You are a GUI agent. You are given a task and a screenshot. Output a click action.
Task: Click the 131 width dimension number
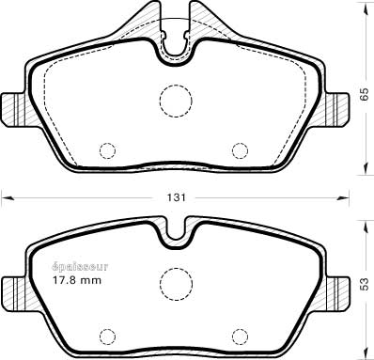pyautogui.click(x=176, y=197)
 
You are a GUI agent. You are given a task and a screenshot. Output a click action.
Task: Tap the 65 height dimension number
pyautogui.click(x=365, y=94)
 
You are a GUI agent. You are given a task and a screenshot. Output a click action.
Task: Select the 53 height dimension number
pyautogui.click(x=365, y=284)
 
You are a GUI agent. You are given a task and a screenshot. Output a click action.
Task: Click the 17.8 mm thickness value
pyautogui.click(x=77, y=280)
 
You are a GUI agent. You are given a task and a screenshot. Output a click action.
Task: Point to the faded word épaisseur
pyautogui.click(x=80, y=267)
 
